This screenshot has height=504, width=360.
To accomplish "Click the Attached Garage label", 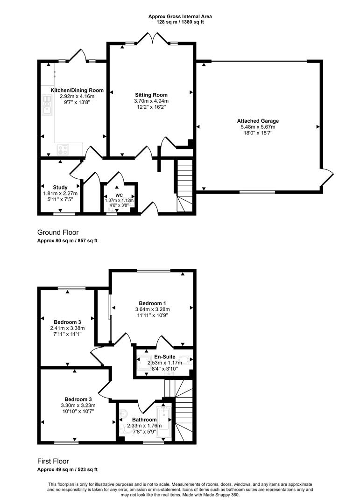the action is coord(258,121).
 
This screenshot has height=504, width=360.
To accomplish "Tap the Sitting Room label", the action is coord(151,95).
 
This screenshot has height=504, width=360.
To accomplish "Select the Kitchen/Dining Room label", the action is coord(77,91).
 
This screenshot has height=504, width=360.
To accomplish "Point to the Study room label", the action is coord(60,188).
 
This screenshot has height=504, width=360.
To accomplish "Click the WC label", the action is coord(119,195).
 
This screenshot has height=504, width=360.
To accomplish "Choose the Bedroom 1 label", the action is coord(153,303).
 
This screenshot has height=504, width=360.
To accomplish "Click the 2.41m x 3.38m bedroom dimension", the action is coord(67,328).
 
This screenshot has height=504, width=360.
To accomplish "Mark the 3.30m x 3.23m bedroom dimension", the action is coord(78,406).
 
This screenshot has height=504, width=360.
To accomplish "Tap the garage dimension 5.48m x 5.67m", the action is coord(258,126).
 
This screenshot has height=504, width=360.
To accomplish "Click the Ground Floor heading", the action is coord(58,232).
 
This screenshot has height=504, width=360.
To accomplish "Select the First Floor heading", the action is coord(53,462).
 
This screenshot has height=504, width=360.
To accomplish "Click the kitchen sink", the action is coord(47,105).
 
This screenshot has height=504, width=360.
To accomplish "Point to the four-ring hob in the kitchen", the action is coord(63,149).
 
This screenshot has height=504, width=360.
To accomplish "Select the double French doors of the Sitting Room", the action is coord(153,39).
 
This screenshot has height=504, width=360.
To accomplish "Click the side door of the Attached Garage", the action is coord(327,177).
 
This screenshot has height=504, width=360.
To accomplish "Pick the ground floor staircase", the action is coord(184,186).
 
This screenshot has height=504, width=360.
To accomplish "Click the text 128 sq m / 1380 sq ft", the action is coord(180,22).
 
